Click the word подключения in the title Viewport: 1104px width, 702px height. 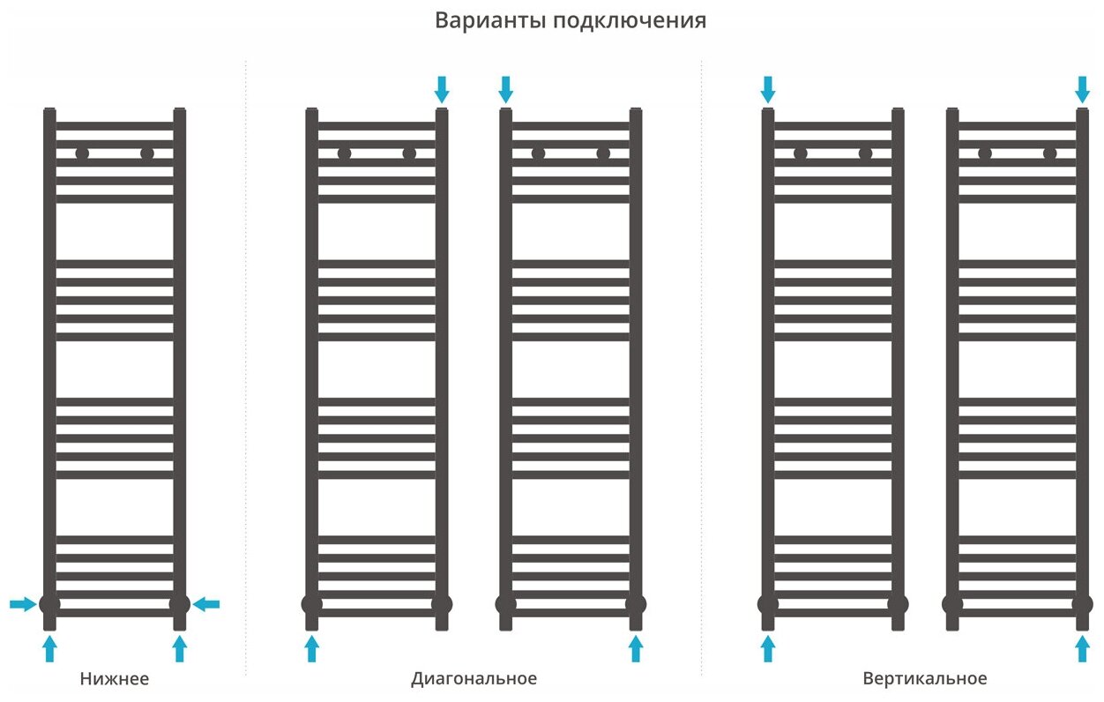pos(630,21)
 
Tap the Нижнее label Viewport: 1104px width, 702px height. pos(114,679)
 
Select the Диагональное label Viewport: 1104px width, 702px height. pos(474,679)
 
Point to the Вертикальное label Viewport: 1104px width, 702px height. pos(925,679)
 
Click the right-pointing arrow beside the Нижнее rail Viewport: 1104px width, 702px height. pos(23,604)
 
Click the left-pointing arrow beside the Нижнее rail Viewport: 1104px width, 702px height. pos(206,604)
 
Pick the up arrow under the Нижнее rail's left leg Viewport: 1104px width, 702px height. pos(49,650)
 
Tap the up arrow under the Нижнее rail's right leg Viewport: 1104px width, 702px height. pos(180,650)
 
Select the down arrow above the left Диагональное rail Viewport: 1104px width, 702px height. pos(442,88)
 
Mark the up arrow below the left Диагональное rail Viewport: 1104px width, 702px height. pos(311,650)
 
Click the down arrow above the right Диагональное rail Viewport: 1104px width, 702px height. pos(505,88)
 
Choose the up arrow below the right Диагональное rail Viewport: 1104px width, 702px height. pos(636,650)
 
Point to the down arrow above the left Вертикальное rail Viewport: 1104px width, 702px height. pos(768,88)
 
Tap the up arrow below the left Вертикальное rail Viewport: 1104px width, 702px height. pos(768,650)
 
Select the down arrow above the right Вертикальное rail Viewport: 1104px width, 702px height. pos(1083,88)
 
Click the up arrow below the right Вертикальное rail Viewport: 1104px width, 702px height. pos(1083,650)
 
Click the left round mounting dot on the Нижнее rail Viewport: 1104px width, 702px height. pos(82,153)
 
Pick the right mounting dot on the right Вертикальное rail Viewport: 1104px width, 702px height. pos(1049,153)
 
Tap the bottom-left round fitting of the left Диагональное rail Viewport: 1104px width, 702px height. pos(311,604)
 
